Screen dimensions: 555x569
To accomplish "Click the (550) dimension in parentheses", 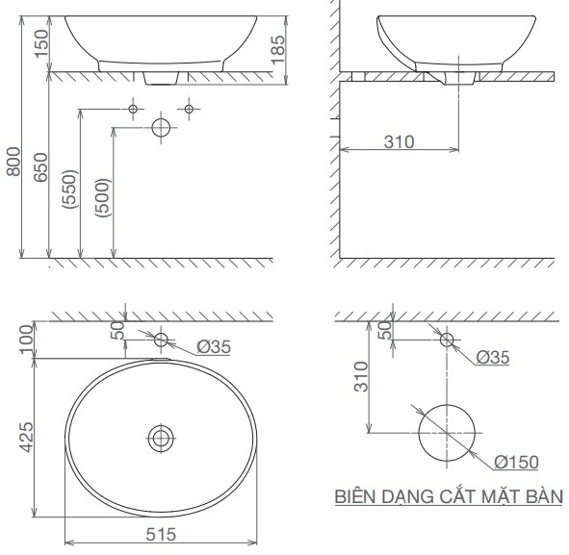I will pos(68,198).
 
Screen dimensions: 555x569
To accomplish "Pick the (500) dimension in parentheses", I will pos(103,198).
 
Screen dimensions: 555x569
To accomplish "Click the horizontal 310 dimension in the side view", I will pos(398,142).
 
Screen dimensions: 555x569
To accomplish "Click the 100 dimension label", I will pos(27,339).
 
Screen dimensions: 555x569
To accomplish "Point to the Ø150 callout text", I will pos(517,463).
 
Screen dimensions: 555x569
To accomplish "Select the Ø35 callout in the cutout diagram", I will pos(493,358).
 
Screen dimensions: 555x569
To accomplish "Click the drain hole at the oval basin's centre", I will pos(161,439).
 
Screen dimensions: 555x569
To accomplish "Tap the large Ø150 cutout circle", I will pos(447,433).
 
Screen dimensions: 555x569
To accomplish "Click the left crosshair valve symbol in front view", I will pos(134,109).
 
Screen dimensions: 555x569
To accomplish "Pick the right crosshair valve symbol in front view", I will pos(189,109).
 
